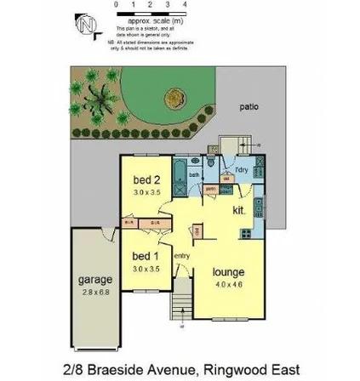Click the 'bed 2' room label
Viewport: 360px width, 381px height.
click(141, 181)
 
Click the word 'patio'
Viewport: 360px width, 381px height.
click(249, 108)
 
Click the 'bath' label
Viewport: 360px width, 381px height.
click(194, 174)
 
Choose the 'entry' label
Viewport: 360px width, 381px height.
click(180, 254)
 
